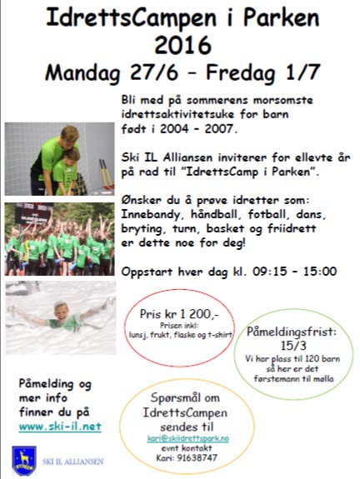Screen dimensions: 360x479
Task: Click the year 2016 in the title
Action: click(178, 43)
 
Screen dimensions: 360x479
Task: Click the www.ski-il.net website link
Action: click(59, 426)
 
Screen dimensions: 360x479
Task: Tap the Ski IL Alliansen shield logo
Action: click(24, 459)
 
